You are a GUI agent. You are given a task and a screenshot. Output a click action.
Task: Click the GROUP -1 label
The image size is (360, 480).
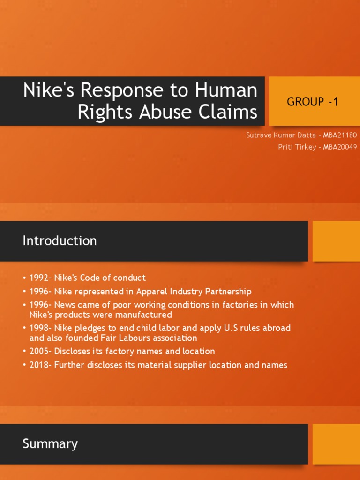point(312,101)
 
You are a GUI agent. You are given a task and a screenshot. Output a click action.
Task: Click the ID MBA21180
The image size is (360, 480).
point(340,135)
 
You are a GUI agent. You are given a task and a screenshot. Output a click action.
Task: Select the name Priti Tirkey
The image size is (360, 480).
point(293,147)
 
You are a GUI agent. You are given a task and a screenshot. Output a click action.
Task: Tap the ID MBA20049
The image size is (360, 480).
point(340,147)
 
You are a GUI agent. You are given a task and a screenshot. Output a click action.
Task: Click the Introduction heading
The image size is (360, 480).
point(60,241)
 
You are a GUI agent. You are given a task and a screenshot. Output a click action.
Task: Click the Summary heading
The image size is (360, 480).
point(50,444)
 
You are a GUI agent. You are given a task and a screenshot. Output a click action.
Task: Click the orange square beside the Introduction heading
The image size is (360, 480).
point(336,241)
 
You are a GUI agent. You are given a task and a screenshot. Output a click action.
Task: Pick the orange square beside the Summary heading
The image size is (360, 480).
point(336,444)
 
